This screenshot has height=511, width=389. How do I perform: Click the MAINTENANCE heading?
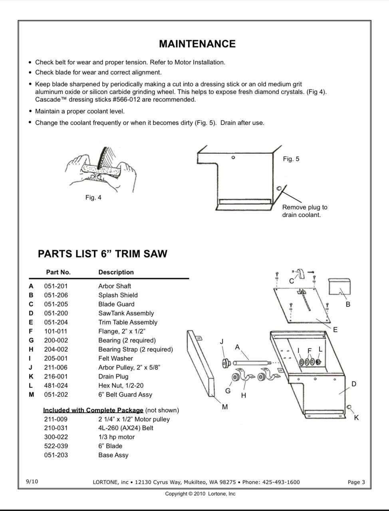pyautogui.click(x=197, y=44)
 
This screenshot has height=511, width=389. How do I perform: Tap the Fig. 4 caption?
pyautogui.click(x=93, y=198)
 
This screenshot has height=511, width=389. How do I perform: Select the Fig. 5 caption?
pyautogui.click(x=291, y=159)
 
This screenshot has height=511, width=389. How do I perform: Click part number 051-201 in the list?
pyautogui.click(x=56, y=286)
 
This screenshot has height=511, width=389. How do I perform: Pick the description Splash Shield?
pyautogui.click(x=118, y=295)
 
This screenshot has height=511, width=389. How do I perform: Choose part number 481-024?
pyautogui.click(x=56, y=386)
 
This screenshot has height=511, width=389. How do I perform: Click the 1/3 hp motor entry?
pyautogui.click(x=116, y=437)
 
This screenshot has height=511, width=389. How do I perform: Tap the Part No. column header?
pyautogui.click(x=58, y=272)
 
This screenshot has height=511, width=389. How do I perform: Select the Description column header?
pyautogui.click(x=116, y=272)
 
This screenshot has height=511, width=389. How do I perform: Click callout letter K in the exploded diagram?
pyautogui.click(x=356, y=418)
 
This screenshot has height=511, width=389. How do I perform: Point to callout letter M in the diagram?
pyautogui.click(x=225, y=407)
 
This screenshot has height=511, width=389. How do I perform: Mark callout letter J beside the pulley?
pyautogui.click(x=222, y=341)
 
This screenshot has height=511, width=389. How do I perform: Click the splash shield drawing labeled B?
pyautogui.click(x=339, y=287)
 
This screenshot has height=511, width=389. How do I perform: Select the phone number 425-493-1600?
pyautogui.click(x=280, y=482)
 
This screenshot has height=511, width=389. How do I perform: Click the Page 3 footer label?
pyautogui.click(x=356, y=482)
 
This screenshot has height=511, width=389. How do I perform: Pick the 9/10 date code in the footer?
pyautogui.click(x=32, y=481)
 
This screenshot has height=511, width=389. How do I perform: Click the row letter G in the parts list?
pyautogui.click(x=31, y=341)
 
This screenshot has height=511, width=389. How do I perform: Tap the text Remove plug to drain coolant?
pyautogui.click(x=304, y=211)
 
